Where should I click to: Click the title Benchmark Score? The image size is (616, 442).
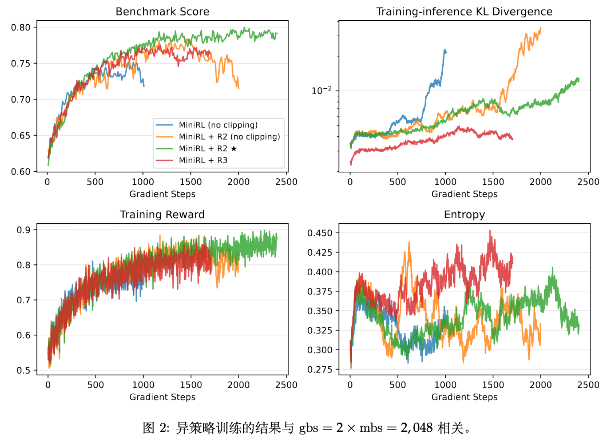tap(162, 12)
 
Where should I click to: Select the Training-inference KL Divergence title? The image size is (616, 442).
tap(464, 12)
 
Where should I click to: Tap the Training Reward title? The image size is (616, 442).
tap(162, 215)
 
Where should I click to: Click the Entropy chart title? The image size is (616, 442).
tap(464, 215)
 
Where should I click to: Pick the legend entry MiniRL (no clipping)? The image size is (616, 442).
tap(218, 125)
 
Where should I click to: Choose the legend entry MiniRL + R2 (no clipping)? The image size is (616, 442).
tap(229, 137)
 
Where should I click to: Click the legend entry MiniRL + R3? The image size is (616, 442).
tap(203, 160)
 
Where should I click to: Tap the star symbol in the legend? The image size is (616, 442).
tap(234, 149)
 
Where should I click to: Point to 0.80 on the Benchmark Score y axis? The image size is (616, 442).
tap(21, 27)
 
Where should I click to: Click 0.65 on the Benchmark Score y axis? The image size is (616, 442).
tap(21, 136)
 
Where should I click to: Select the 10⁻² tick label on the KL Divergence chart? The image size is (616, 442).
tap(322, 91)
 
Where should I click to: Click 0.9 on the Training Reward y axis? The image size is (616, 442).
tap(23, 230)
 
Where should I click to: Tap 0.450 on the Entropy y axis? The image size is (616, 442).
tap(320, 233)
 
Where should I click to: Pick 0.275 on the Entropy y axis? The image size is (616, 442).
tap(320, 370)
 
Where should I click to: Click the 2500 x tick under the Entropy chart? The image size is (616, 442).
tap(588, 385)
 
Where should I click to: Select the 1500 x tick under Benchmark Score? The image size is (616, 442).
tap(191, 182)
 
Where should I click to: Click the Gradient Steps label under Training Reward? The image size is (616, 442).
tap(162, 397)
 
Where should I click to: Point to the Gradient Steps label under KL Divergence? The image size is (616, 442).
tap(464, 194)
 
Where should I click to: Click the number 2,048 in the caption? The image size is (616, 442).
tap(417, 428)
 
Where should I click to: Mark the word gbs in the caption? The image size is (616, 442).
tap(309, 428)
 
